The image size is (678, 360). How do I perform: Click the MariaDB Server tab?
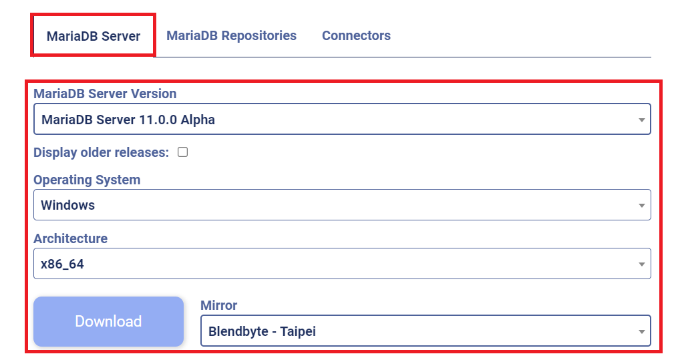[x=94, y=36]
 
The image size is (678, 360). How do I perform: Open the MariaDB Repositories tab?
[x=231, y=35]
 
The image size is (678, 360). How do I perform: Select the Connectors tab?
[x=356, y=35]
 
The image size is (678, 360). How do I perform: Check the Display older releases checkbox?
[x=182, y=152]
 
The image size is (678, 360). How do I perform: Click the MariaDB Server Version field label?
[x=105, y=94]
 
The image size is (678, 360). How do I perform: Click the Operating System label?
[x=87, y=180]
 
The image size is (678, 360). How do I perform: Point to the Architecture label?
[x=70, y=238]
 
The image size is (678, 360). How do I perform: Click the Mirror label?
[x=218, y=305]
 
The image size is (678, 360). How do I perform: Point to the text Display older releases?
[x=101, y=152]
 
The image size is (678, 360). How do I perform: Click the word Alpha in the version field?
[x=197, y=120]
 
